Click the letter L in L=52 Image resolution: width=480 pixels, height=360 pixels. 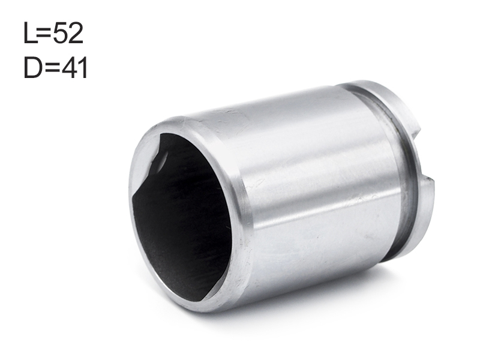coord(30,33)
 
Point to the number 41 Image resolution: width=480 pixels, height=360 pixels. coord(74,68)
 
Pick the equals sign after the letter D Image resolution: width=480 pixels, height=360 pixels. coord(52,68)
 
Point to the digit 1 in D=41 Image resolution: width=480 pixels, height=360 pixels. coord(83,68)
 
